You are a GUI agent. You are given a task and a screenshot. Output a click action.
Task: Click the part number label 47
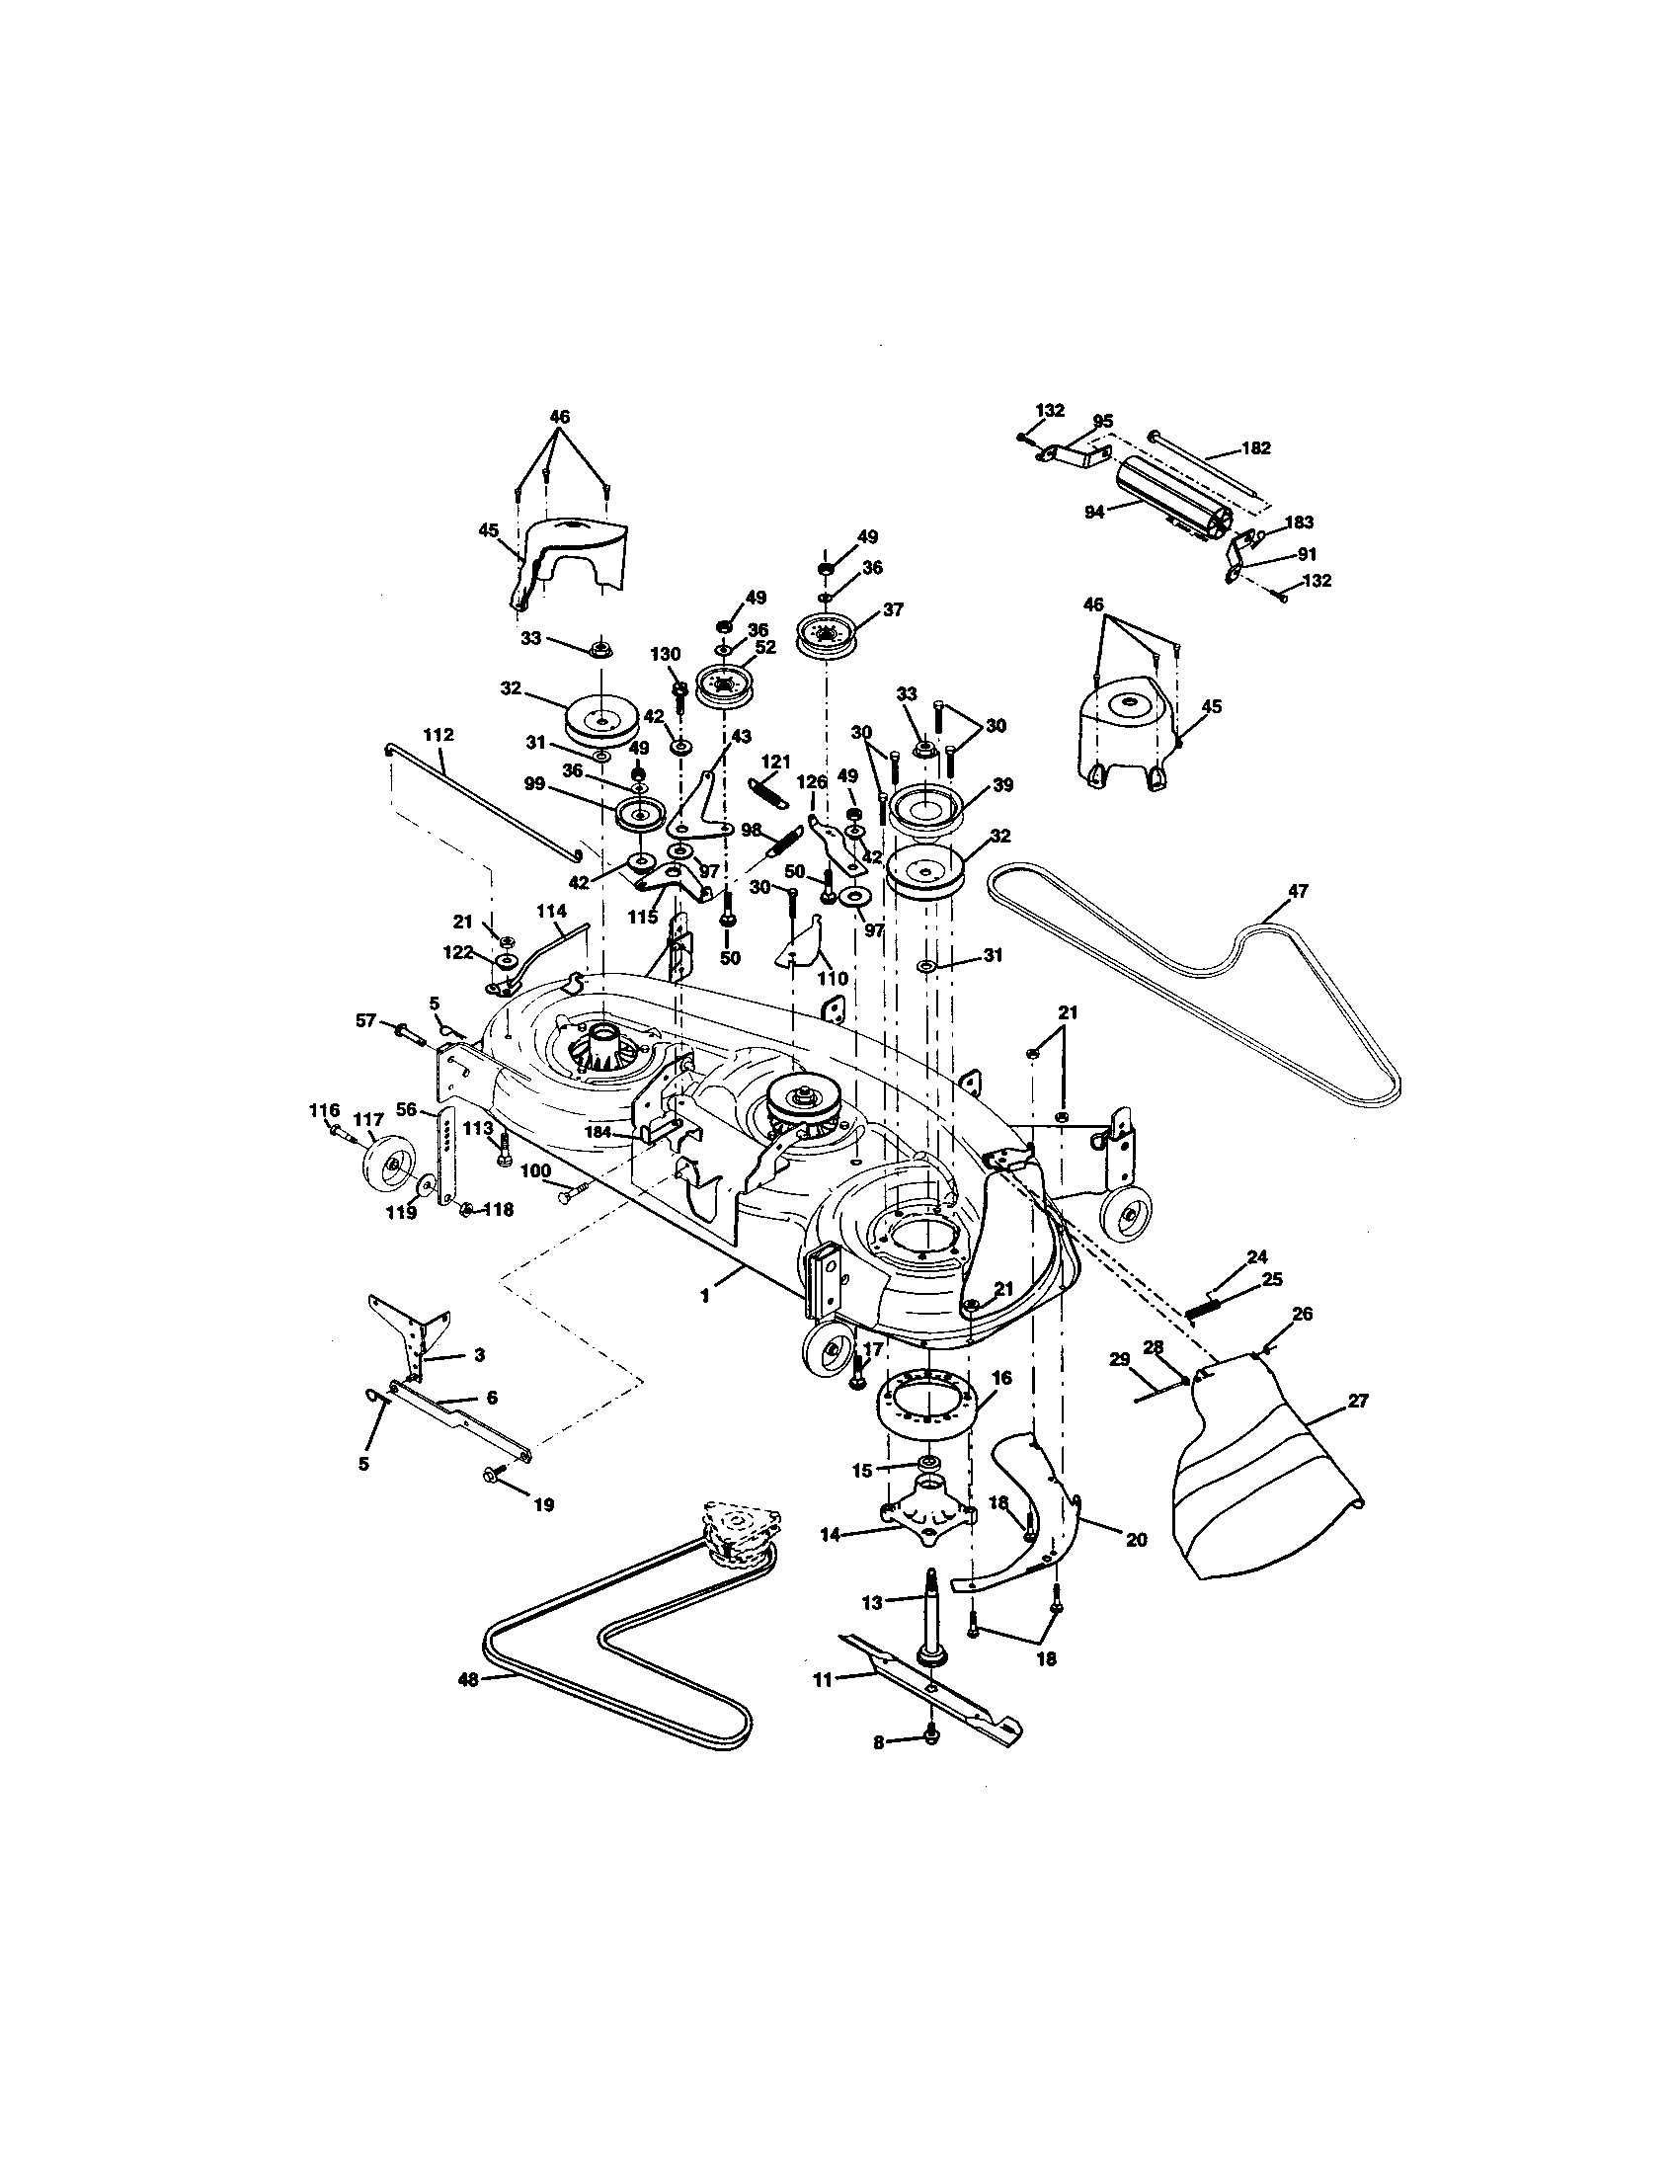[x=1297, y=892]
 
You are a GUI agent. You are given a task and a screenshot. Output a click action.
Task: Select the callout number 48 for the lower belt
[x=467, y=1679]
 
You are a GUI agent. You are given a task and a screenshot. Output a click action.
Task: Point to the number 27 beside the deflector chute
[x=1358, y=1401]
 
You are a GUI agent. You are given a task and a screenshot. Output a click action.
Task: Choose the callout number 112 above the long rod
[x=438, y=734]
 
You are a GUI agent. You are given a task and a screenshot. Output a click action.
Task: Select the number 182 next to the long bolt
[x=1256, y=448]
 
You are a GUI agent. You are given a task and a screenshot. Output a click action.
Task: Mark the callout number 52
[x=764, y=646]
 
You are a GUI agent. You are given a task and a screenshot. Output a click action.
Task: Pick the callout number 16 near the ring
[x=1001, y=1377]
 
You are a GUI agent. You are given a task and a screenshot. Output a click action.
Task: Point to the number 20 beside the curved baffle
[x=1135, y=1539]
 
